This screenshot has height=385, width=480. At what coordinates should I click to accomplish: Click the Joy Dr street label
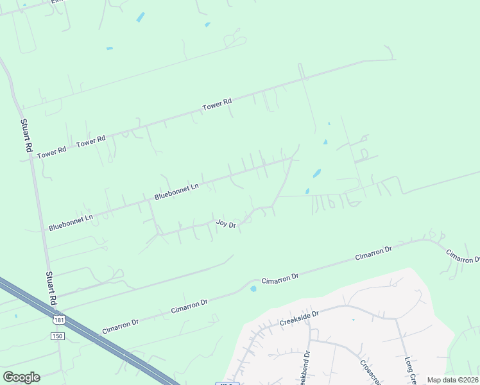pyautogui.click(x=226, y=224)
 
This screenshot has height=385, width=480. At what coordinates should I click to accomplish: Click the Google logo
pyautogui.click(x=21, y=377)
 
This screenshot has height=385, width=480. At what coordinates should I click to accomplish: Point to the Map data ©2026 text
pyautogui.click(x=452, y=380)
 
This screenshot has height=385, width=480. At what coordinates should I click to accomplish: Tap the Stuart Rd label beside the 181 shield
pyautogui.click(x=51, y=288)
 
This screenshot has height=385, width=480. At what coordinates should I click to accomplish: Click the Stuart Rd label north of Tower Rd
pyautogui.click(x=26, y=135)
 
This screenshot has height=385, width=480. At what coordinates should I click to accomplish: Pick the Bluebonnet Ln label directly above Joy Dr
pyautogui.click(x=176, y=191)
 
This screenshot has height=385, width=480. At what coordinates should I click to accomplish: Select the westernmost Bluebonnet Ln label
pyautogui.click(x=71, y=222)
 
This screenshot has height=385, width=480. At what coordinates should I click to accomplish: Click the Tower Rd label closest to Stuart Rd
pyautogui.click(x=52, y=153)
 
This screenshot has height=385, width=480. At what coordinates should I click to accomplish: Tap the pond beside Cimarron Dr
pyautogui.click(x=253, y=289)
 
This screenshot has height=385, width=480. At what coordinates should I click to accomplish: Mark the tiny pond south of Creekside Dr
pyautogui.click(x=353, y=319)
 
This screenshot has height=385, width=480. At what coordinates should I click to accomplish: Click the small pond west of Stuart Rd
pyautogui.click(x=15, y=316)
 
